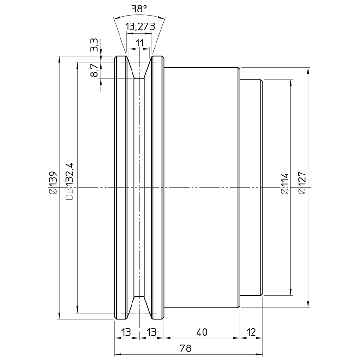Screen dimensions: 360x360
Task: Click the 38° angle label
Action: [139, 9]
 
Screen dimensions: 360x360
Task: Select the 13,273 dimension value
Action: [140, 27]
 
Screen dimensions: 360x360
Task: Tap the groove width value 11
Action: [139, 43]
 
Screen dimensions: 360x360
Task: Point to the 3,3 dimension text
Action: [95, 45]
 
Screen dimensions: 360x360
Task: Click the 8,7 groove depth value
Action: [95, 70]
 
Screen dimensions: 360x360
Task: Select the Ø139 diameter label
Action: [53, 183]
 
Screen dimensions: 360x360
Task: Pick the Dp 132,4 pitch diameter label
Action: [70, 181]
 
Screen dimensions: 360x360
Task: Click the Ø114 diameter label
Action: [285, 184]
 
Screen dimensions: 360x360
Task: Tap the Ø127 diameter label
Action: [302, 183]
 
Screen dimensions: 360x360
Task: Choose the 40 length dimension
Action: [202, 332]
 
